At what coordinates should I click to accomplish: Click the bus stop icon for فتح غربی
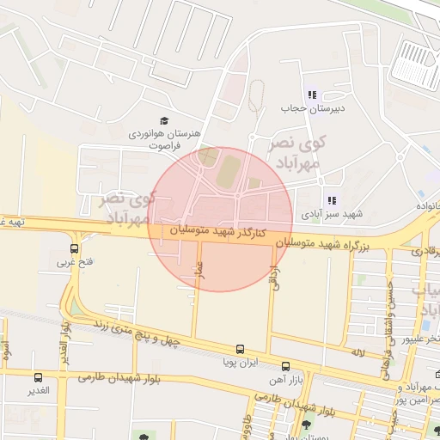[74, 249]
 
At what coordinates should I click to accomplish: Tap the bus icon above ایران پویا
[240, 350]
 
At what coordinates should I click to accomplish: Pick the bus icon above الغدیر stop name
[37, 376]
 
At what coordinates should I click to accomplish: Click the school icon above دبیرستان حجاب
[312, 95]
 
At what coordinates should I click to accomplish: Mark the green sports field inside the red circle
[228, 171]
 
